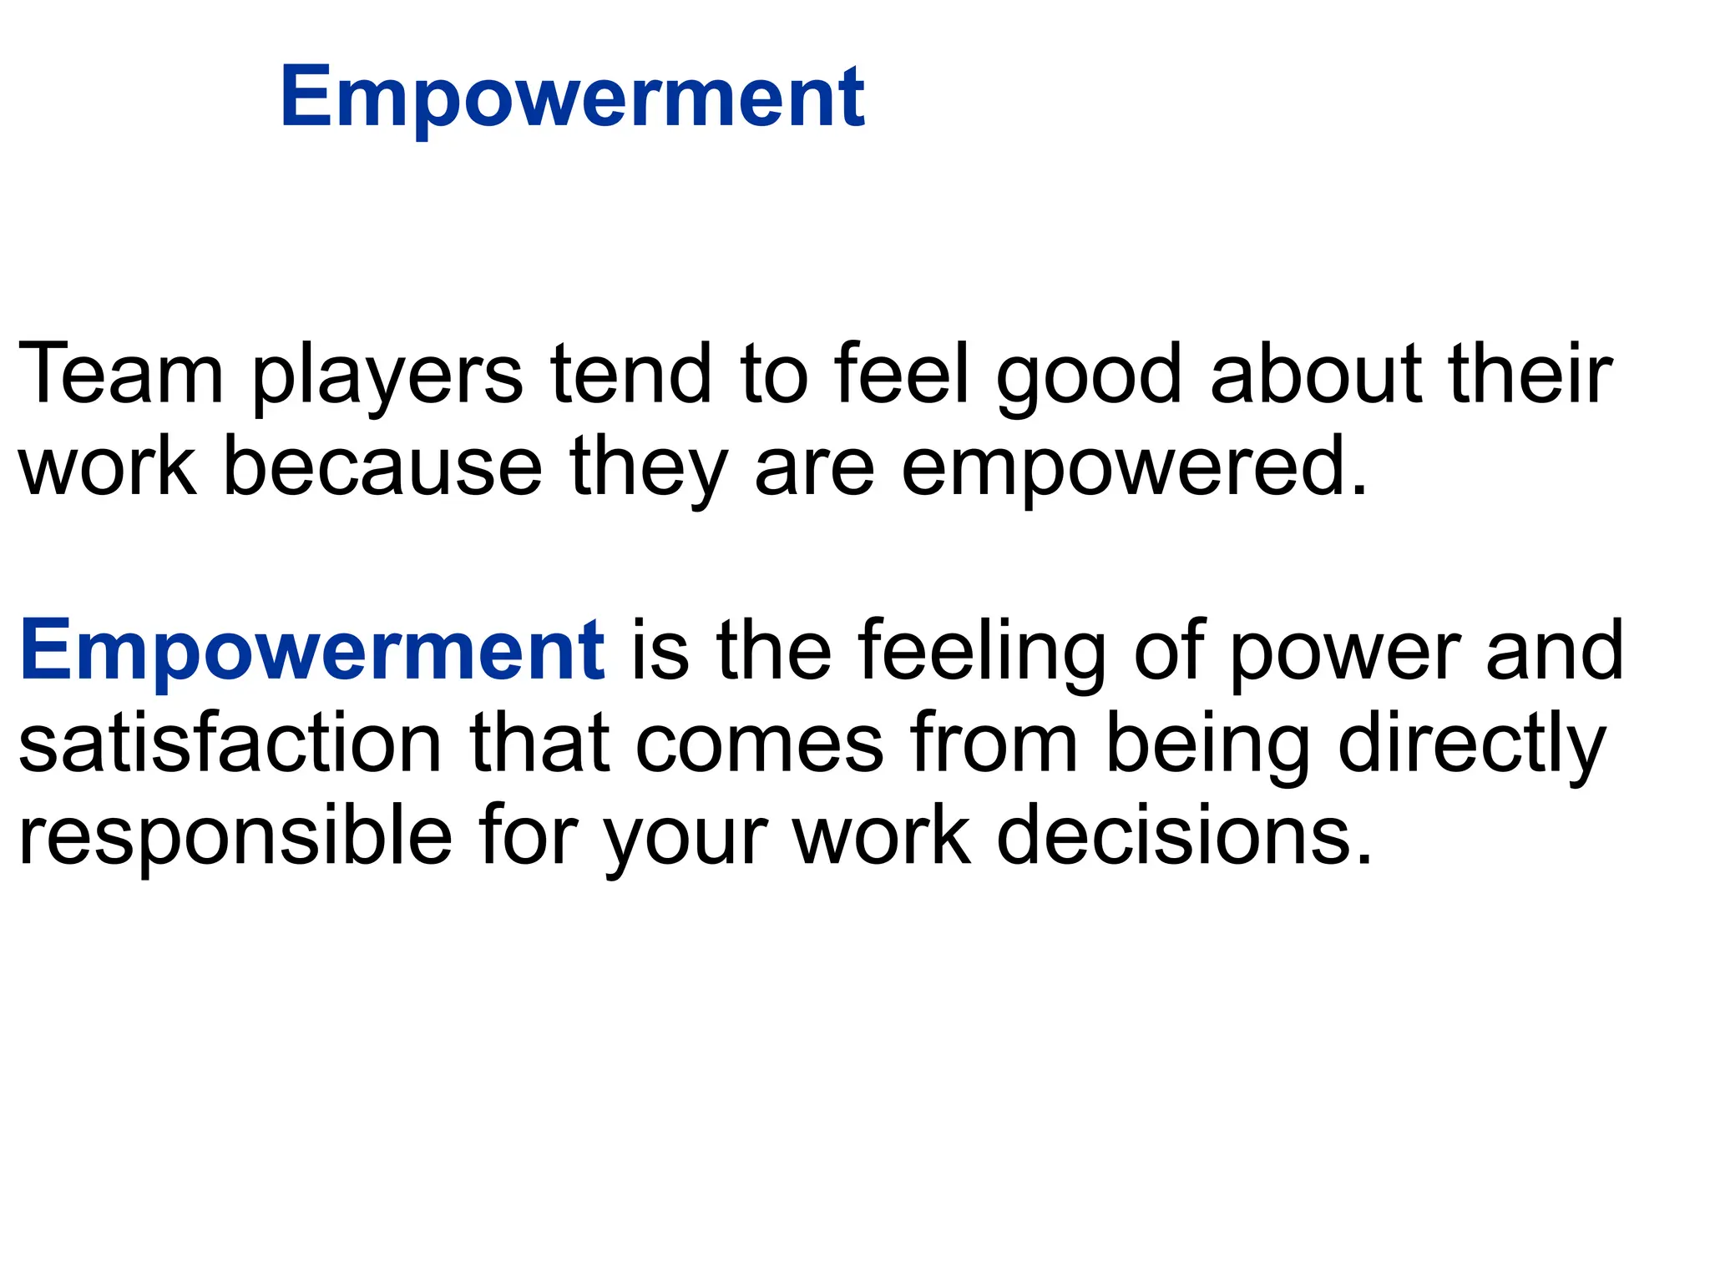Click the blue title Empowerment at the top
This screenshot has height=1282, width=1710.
(x=573, y=98)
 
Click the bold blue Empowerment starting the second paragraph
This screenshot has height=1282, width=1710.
(x=311, y=651)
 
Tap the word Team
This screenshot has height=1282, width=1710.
(x=120, y=375)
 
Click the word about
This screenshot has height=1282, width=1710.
(x=1316, y=375)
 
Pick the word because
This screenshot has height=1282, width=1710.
(x=383, y=467)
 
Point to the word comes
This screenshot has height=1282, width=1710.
(x=759, y=745)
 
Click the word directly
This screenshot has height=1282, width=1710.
(x=1471, y=745)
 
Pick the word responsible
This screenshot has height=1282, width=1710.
(x=235, y=837)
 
